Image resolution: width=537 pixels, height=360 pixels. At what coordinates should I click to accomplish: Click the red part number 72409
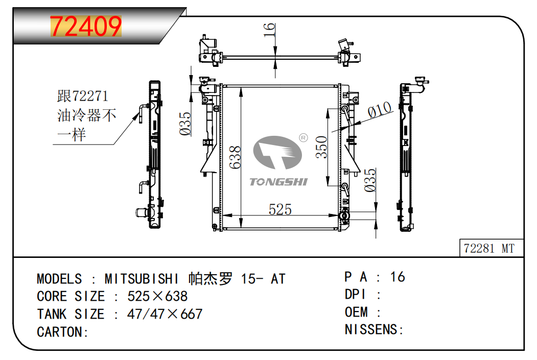coord(85,27)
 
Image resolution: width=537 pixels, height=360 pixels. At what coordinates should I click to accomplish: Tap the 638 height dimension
coord(235,158)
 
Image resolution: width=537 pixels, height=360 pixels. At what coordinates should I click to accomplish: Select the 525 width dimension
coord(280,209)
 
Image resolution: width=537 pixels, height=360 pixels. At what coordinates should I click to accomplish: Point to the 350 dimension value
coord(321,148)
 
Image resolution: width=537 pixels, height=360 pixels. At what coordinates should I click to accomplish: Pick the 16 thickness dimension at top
coord(269,30)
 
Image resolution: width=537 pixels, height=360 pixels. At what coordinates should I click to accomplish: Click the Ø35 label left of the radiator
coord(186,124)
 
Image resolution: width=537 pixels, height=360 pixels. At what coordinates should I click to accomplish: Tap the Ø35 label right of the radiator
coord(371,180)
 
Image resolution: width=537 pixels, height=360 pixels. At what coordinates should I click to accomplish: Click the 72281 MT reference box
coord(489,249)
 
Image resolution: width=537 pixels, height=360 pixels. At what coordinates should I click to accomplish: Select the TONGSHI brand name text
coord(278,182)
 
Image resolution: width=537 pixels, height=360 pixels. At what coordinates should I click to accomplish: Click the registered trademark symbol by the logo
coord(302,138)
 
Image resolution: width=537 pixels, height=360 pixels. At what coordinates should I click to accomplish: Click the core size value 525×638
coord(157,296)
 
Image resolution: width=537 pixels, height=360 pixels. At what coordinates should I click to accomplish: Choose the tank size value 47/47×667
coord(165,314)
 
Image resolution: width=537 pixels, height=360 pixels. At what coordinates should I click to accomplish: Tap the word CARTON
coord(60,332)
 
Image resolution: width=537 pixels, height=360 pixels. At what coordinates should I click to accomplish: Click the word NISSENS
coord(371,329)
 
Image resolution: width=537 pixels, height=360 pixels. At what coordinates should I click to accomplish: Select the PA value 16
coord(398,277)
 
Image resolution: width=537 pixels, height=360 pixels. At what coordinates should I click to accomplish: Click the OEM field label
coord(356,311)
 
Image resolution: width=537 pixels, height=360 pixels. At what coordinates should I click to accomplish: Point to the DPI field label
coord(356,294)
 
